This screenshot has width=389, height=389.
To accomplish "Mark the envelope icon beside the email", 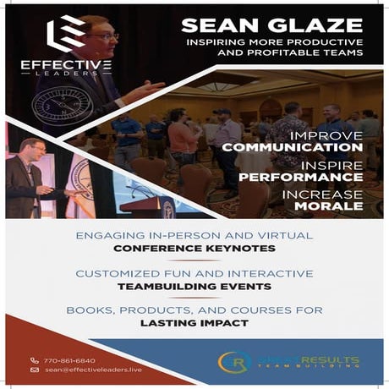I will (x=35, y=370).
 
